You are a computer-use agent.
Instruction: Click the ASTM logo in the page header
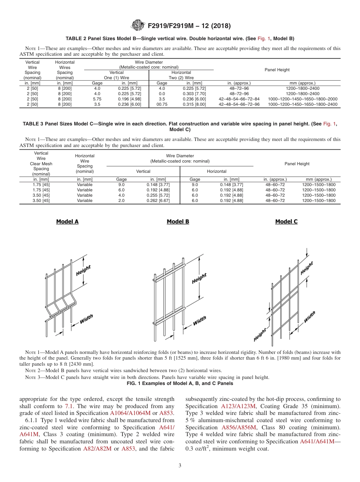pos(137,26)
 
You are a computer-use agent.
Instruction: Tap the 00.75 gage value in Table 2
pos(162,104)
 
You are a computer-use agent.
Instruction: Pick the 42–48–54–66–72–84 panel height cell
pos(239,99)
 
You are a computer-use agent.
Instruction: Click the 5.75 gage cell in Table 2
pos(97,99)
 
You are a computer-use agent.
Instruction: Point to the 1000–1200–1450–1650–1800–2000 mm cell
pos(302,99)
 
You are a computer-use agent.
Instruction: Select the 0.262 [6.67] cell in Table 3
pos(158,200)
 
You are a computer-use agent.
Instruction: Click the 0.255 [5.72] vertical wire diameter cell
pos(158,195)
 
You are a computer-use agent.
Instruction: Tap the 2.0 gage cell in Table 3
pos(121,200)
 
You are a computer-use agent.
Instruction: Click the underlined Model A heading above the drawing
pos(67,222)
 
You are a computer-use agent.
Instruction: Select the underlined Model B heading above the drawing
pos(178,222)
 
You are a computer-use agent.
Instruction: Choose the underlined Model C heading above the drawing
pos(286,222)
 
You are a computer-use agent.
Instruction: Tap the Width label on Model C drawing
pos(309,317)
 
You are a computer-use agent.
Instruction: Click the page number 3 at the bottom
pos(180,465)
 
